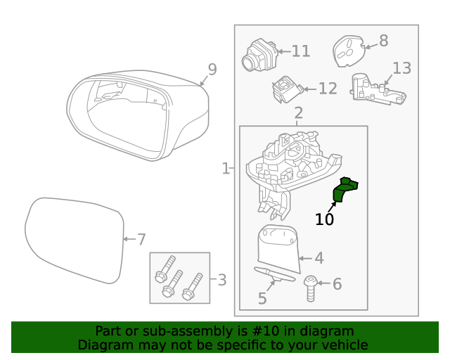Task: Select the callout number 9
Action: [x=212, y=70]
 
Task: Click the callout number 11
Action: [x=300, y=51]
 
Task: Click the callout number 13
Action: [x=401, y=68]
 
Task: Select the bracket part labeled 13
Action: [x=377, y=90]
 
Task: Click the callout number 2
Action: [x=298, y=112]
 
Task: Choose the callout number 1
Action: [x=226, y=169]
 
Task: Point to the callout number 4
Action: [x=319, y=258]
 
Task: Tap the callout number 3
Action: [x=221, y=281]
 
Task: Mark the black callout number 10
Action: [x=324, y=219]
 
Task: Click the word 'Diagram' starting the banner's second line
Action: [x=105, y=345]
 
